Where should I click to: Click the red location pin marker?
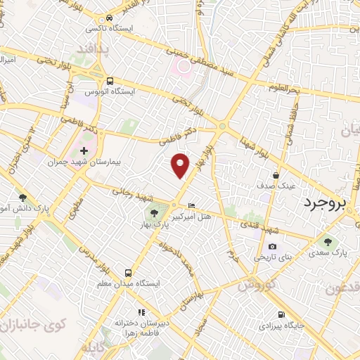(x=181, y=165)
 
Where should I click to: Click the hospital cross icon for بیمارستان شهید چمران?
(x=84, y=150)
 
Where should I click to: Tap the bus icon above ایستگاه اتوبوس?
(x=110, y=80)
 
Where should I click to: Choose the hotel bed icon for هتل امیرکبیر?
(x=193, y=205)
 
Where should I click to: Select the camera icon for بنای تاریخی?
(x=272, y=246)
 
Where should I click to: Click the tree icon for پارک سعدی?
(x=328, y=242)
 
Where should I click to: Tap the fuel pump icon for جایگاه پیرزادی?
(x=281, y=314)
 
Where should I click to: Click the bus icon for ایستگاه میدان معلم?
(x=128, y=272)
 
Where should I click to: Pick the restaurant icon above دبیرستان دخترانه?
(x=141, y=311)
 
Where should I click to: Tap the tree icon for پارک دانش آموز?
(x=22, y=199)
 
